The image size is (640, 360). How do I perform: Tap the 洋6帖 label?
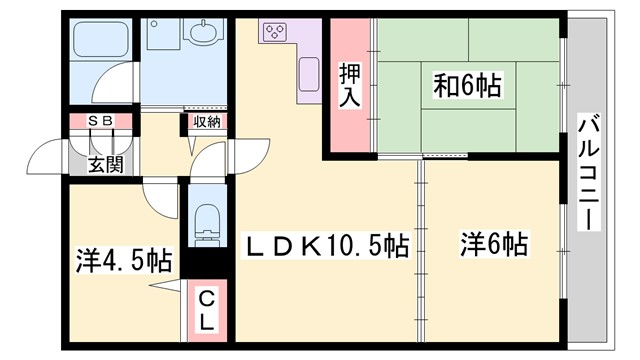[x=494, y=244]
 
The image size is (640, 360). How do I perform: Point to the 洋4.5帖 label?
[x=123, y=262]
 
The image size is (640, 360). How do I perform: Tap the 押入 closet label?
[x=348, y=87]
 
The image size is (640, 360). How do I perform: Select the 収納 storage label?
[x=206, y=122]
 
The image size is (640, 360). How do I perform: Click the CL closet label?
[x=206, y=311]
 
